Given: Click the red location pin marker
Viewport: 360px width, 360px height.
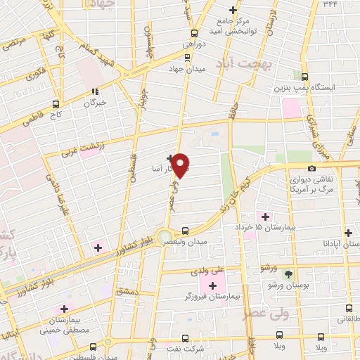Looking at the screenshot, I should click(181, 165).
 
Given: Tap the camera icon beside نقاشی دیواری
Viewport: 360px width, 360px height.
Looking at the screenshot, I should click(311, 168).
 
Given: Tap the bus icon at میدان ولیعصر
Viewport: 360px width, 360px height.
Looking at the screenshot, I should click(185, 230).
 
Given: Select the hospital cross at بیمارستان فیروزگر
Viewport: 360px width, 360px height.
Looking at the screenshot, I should click(213, 285).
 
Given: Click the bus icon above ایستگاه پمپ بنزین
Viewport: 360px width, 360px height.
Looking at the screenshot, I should click(304, 77).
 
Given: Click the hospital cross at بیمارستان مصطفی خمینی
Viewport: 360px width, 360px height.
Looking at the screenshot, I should click(64, 309).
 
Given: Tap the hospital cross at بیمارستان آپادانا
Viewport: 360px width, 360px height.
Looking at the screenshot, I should click(348, 233).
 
